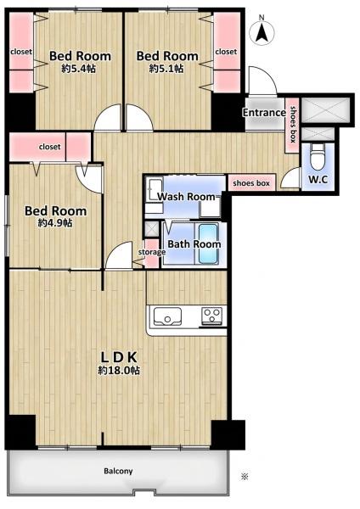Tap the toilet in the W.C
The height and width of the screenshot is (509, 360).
pyautogui.click(x=317, y=156)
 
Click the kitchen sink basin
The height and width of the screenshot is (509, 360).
pyautogui.click(x=167, y=316)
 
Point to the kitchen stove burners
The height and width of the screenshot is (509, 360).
pyautogui.click(x=212, y=316)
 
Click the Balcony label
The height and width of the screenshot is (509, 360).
pyautogui.click(x=118, y=471)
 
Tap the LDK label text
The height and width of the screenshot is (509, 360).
pyautogui.click(x=119, y=357)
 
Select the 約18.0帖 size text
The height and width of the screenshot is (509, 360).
pyautogui.click(x=119, y=371)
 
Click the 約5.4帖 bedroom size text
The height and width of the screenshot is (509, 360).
pyautogui.click(x=79, y=69)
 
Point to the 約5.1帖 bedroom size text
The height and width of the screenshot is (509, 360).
pyautogui.click(x=166, y=69)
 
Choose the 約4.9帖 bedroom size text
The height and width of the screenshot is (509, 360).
pyautogui.click(x=55, y=223)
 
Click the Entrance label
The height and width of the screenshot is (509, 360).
pyautogui.click(x=264, y=113)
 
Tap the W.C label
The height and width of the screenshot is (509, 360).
pyautogui.click(x=318, y=180)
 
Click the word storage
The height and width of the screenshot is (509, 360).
pyautogui.click(x=152, y=252)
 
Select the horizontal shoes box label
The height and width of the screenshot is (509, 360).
pyautogui.click(x=251, y=183)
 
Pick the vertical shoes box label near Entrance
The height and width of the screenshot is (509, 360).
pyautogui.click(x=293, y=125)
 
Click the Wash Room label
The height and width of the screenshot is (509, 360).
pyautogui.click(x=186, y=197)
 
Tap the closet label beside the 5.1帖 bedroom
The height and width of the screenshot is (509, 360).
pyautogui.click(x=226, y=52)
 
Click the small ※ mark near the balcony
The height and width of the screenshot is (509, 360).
pyautogui.click(x=245, y=477)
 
